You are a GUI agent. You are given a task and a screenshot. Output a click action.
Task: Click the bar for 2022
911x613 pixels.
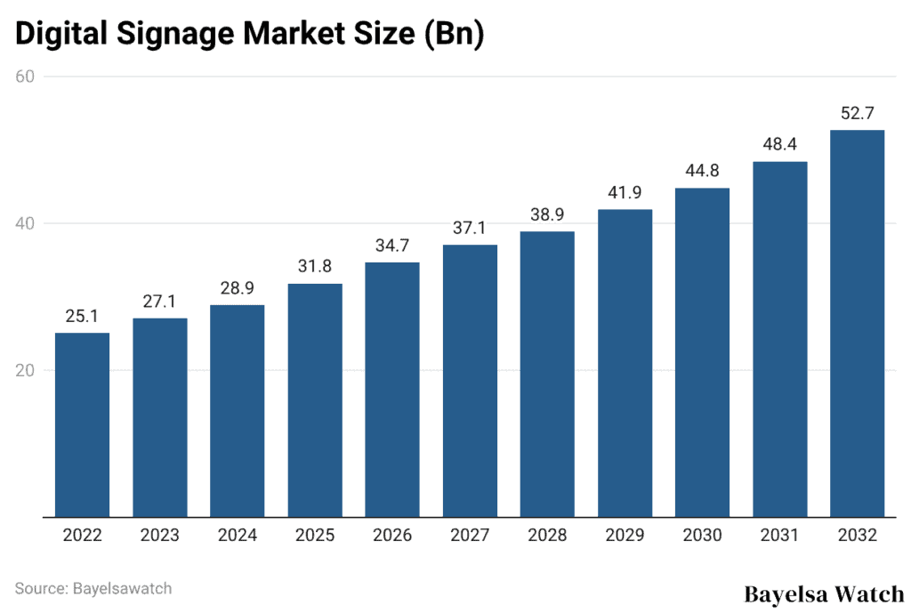click(82, 424)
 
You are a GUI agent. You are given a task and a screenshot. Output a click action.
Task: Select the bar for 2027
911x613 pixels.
click(470, 380)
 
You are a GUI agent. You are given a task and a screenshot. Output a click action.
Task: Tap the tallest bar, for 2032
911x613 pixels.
click(857, 323)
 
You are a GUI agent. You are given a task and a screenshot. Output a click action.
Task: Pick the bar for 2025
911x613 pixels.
click(314, 399)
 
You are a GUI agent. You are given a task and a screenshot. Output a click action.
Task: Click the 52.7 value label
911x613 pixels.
click(857, 113)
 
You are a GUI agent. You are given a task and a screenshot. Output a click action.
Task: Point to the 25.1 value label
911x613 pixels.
click(82, 316)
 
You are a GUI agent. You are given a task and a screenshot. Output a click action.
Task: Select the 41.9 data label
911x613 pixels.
click(625, 192)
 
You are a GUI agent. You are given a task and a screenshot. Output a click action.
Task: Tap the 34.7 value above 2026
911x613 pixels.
click(392, 245)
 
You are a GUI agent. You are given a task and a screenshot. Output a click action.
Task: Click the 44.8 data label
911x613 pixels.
click(702, 171)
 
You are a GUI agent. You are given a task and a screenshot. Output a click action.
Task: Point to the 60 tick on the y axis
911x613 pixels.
click(25, 77)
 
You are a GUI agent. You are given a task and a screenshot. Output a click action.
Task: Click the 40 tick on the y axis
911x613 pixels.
click(25, 223)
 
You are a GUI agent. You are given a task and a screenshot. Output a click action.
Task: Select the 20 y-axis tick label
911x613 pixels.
click(25, 370)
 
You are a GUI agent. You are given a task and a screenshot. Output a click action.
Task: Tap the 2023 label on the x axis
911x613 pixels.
click(159, 536)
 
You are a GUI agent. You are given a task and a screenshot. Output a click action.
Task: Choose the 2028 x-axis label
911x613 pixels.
click(547, 536)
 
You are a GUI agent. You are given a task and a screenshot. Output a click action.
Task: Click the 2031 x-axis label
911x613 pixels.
click(779, 536)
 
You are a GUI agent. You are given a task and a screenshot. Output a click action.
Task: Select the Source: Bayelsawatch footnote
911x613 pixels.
click(93, 588)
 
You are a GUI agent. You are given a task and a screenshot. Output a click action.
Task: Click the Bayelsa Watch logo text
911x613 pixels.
click(823, 593)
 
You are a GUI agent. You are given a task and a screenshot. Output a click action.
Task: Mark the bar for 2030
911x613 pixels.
click(702, 352)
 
